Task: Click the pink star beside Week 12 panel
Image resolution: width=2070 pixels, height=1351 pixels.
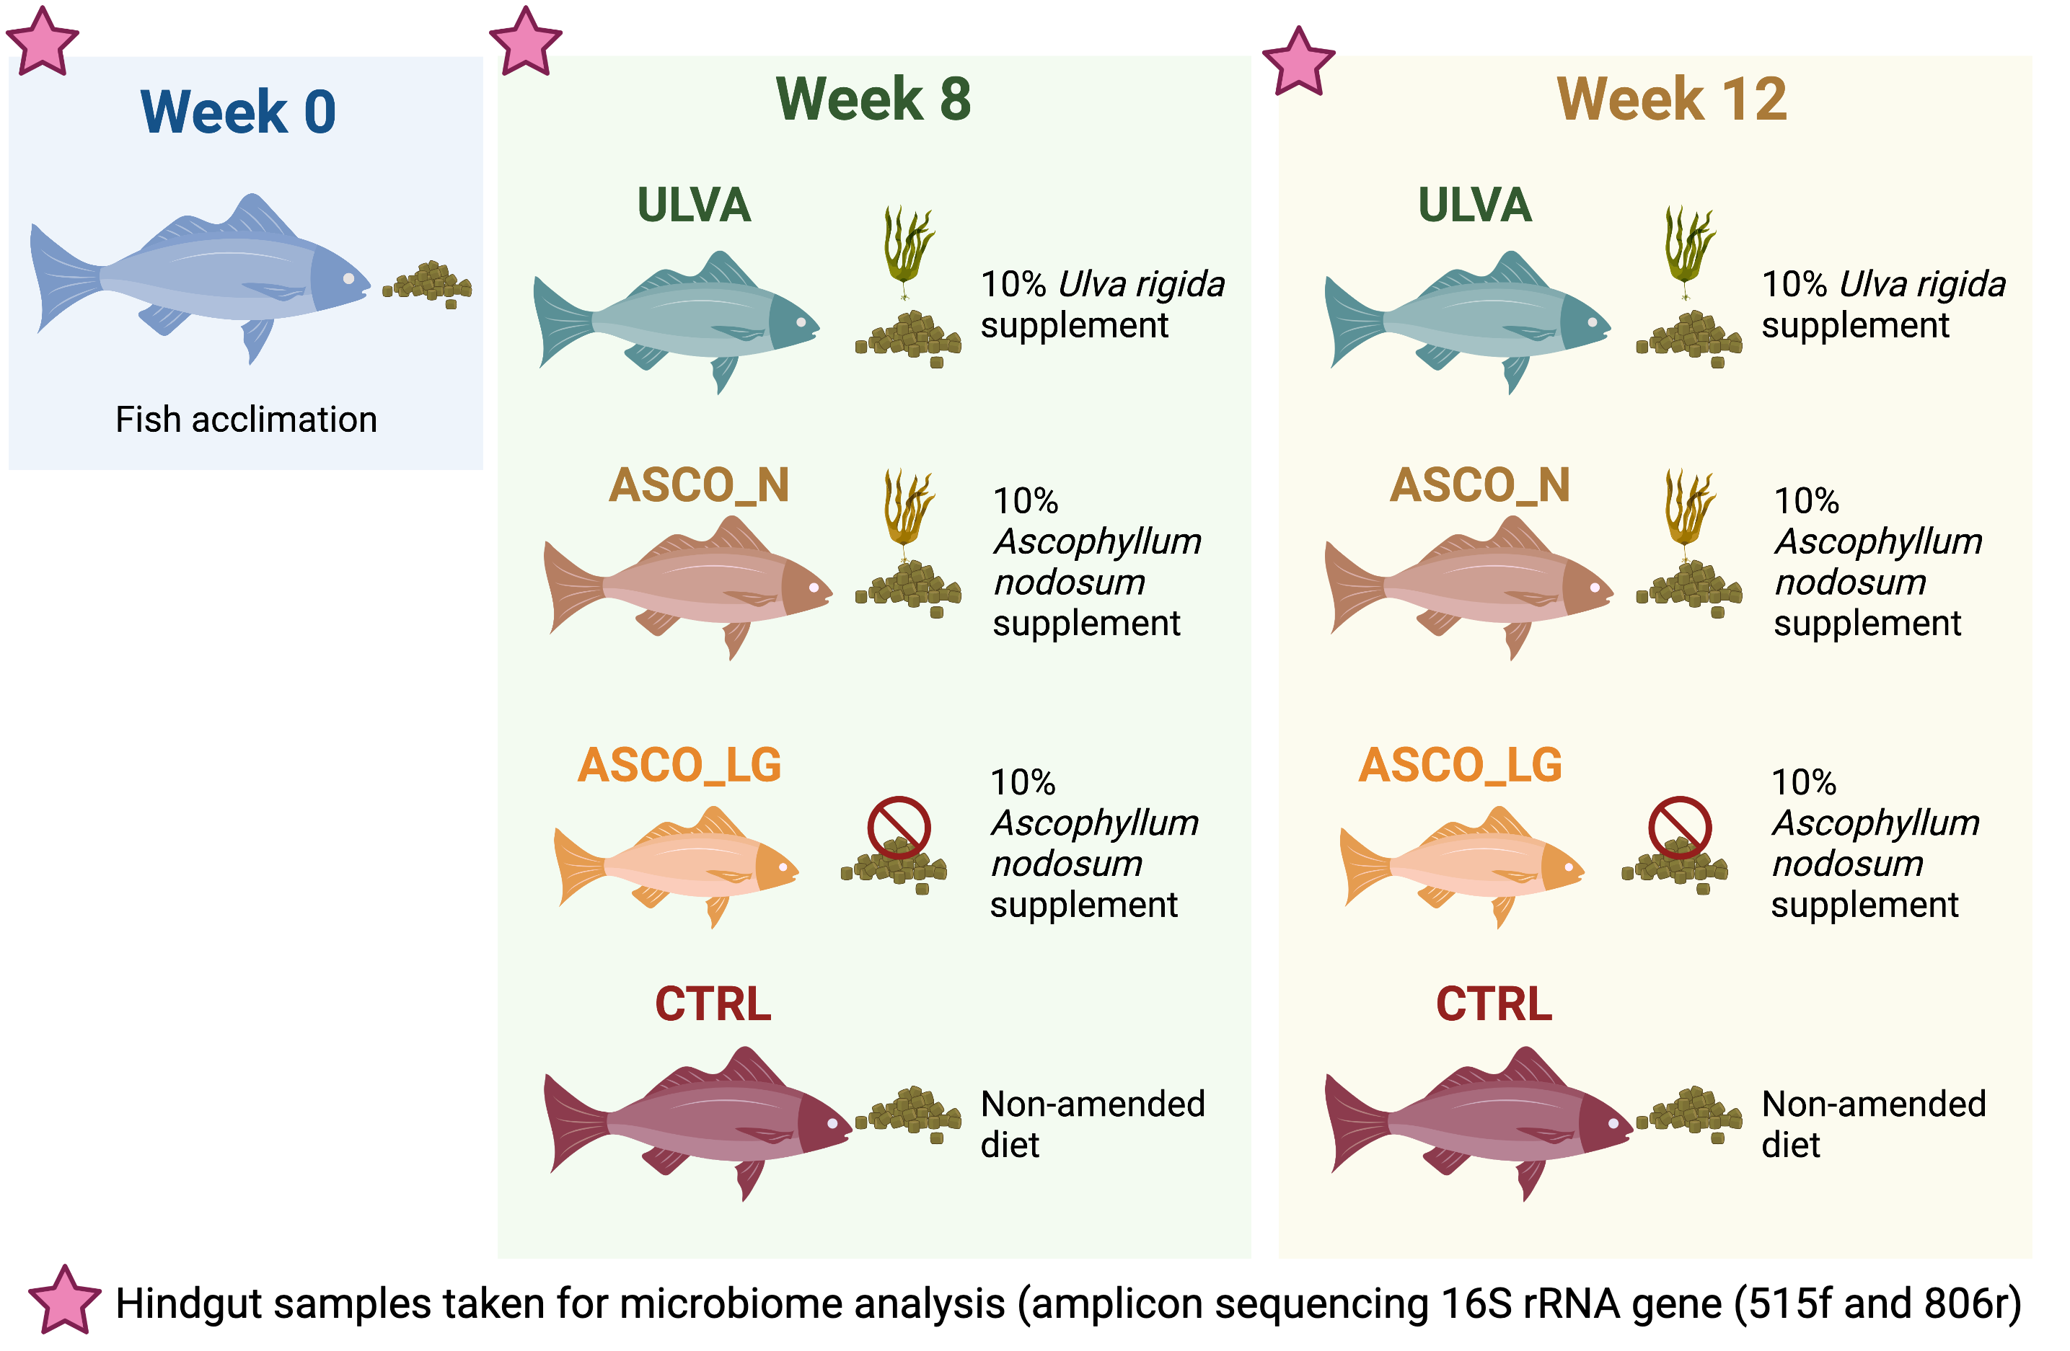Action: (1298, 62)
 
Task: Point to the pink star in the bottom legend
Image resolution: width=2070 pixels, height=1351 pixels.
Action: (64, 1300)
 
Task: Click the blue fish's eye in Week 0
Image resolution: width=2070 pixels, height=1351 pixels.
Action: (349, 279)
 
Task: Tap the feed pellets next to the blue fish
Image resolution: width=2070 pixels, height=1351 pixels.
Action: (428, 283)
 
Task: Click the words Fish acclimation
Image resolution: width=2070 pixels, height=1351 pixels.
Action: (246, 420)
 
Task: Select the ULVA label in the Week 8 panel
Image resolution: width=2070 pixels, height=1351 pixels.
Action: (693, 205)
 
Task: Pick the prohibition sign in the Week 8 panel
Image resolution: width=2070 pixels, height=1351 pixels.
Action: (899, 828)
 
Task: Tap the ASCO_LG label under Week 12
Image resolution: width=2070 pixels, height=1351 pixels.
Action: (1461, 765)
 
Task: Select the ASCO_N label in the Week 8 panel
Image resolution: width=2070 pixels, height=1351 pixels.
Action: (698, 485)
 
